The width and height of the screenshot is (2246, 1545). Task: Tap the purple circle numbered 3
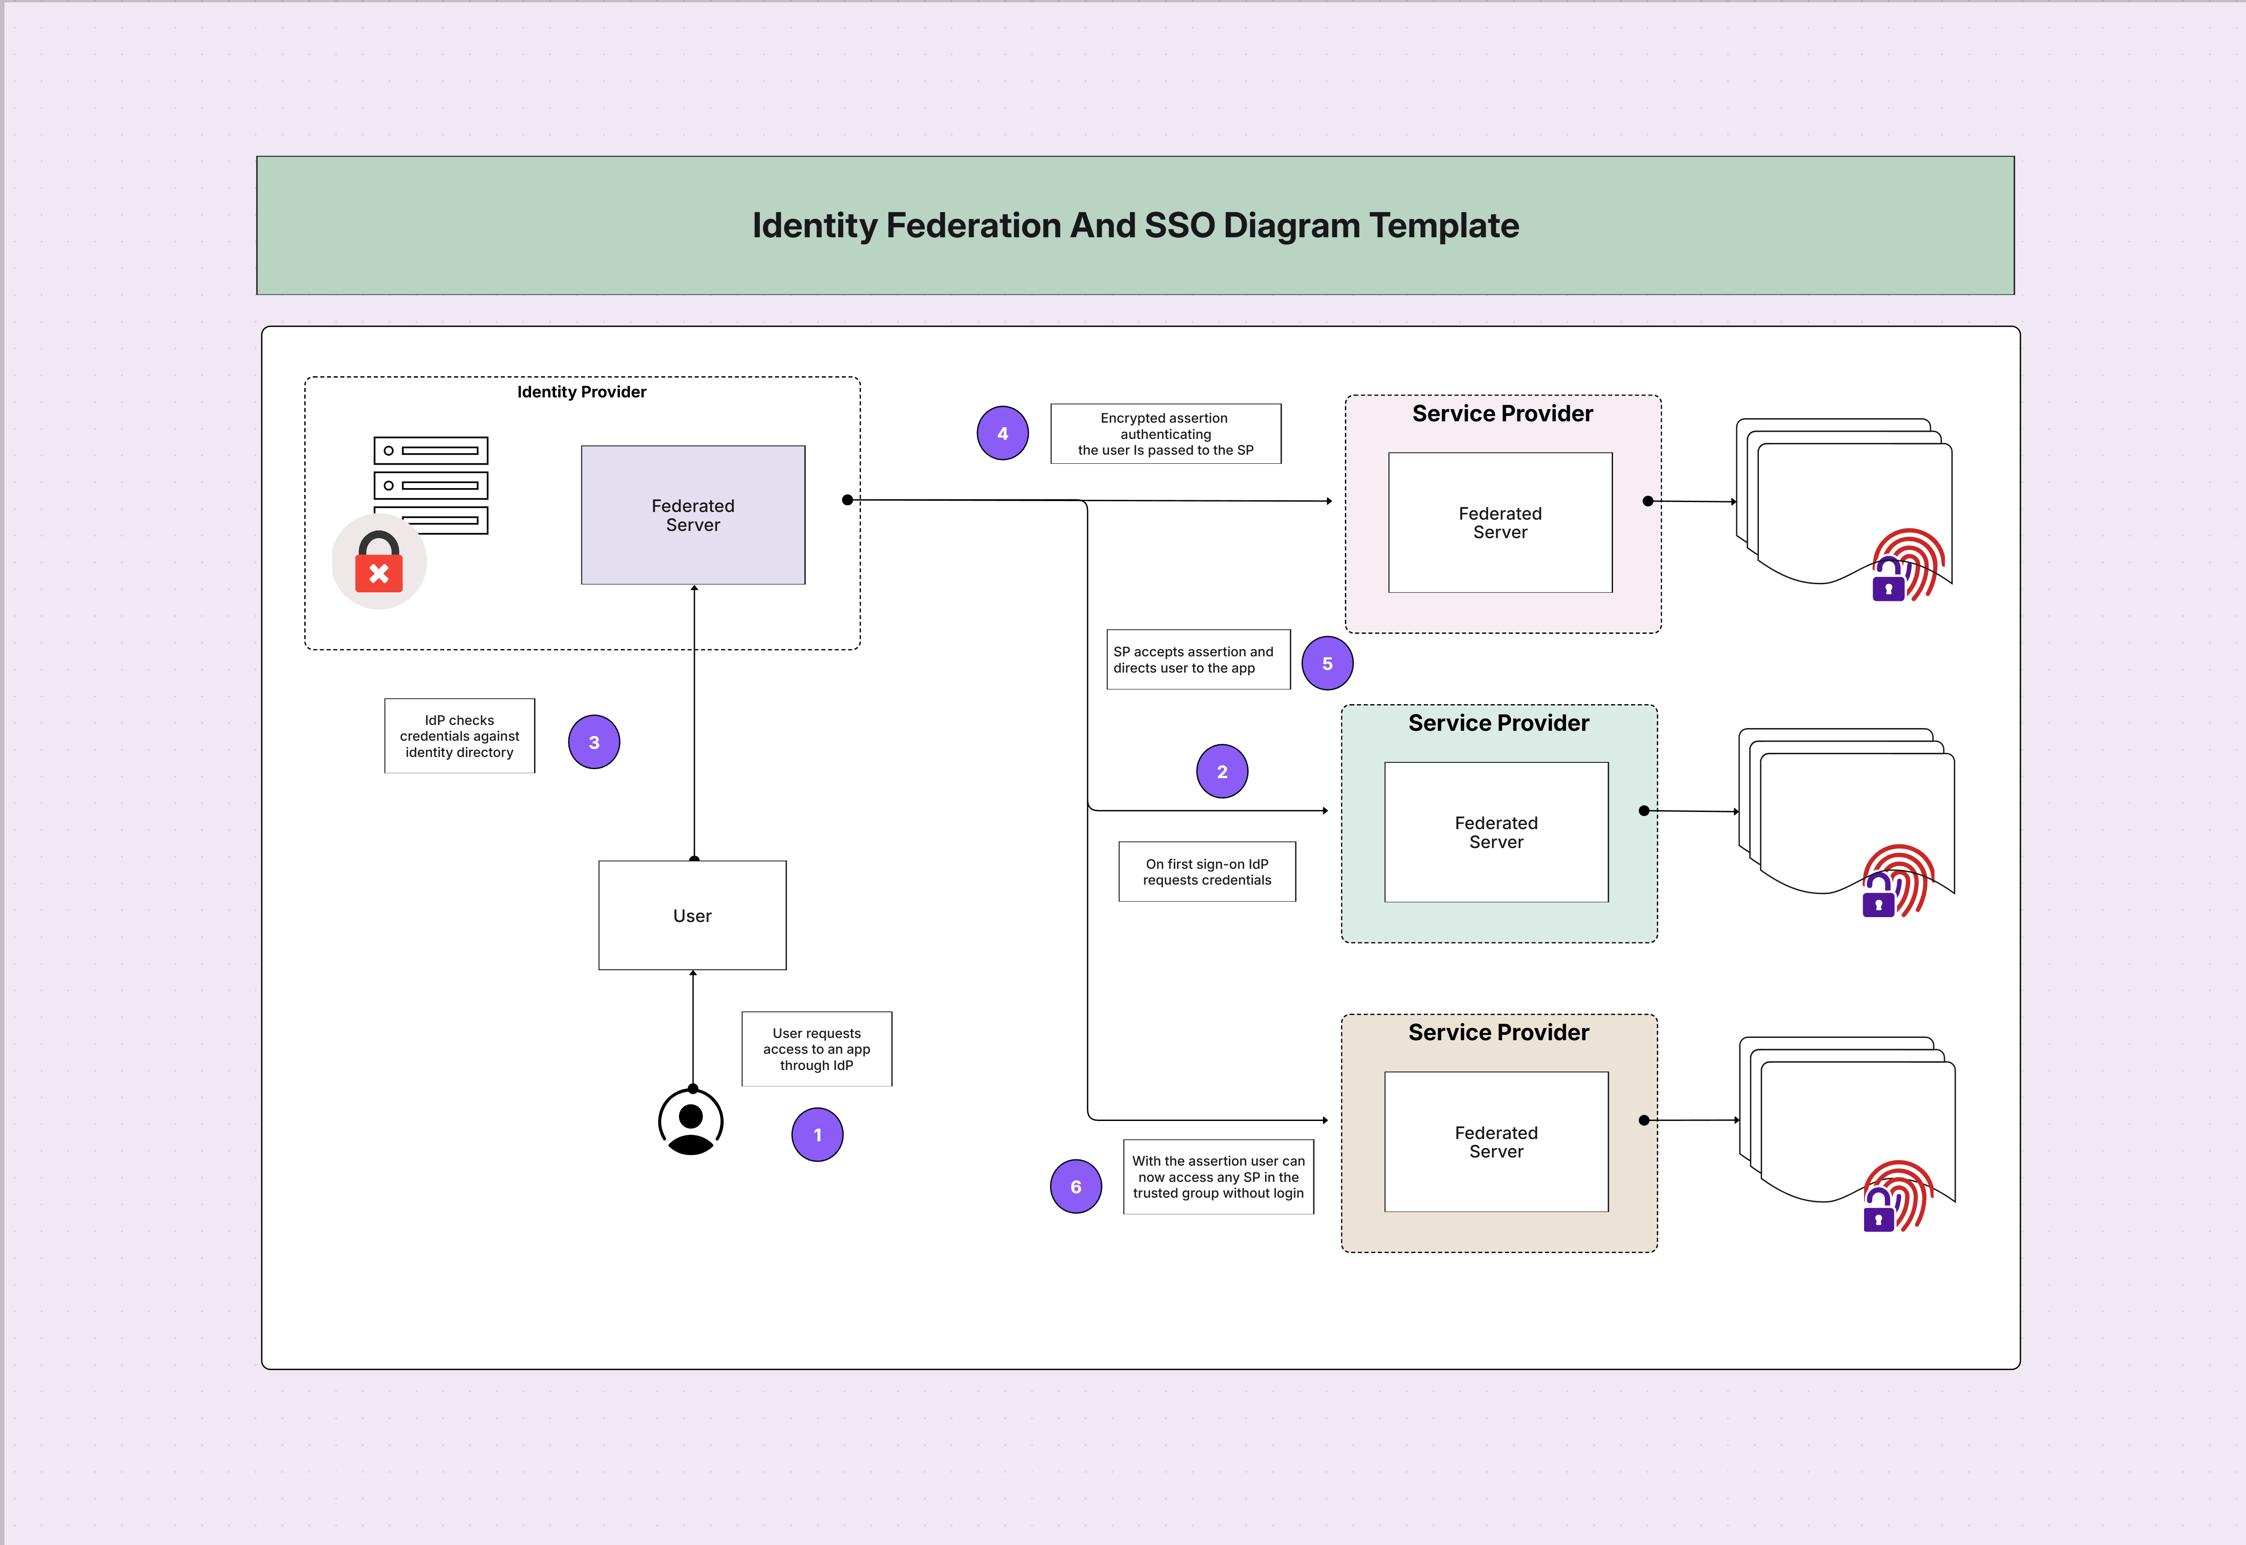(x=594, y=743)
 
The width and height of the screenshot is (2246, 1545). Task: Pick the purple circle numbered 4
(x=1002, y=434)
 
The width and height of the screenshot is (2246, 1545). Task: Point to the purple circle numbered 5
(x=1327, y=663)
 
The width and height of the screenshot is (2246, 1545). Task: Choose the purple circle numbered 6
(x=1075, y=1187)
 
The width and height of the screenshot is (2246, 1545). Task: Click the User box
(x=693, y=916)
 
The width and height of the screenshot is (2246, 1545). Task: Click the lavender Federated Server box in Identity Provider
(x=693, y=515)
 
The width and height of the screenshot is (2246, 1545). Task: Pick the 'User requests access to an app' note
(x=817, y=1049)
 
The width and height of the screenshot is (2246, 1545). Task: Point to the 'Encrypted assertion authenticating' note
(x=1165, y=434)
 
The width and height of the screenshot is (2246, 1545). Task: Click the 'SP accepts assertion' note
(x=1198, y=659)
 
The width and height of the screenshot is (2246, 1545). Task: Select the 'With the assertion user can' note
(x=1218, y=1177)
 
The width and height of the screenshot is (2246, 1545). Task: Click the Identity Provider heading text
(x=581, y=392)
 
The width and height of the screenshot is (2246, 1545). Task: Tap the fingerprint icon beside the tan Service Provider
(x=1898, y=1195)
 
